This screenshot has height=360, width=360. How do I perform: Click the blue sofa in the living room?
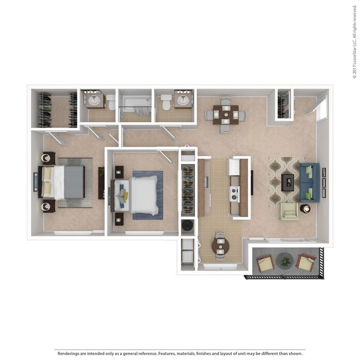tap(309, 182)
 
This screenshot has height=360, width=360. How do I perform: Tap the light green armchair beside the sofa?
tap(289, 211)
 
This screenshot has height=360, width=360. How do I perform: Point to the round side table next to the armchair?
tap(305, 209)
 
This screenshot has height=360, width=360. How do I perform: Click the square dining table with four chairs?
tap(226, 115)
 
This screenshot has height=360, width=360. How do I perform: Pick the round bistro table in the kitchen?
tap(221, 246)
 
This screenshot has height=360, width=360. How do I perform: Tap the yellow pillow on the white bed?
tap(123, 192)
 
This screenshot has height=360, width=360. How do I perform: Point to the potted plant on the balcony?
tap(285, 262)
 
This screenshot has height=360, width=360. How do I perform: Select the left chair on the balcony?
tap(265, 264)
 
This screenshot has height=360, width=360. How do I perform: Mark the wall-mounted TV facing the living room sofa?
tap(252, 182)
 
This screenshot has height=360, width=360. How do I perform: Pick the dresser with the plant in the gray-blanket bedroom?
tap(101, 183)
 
